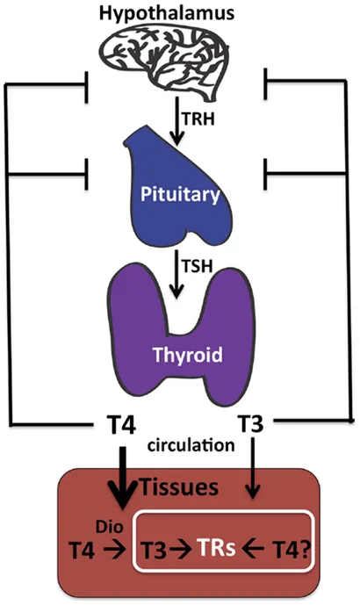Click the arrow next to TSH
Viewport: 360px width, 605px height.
(179, 279)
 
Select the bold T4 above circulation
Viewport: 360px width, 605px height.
(117, 426)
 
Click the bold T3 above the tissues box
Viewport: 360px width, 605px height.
(252, 425)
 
